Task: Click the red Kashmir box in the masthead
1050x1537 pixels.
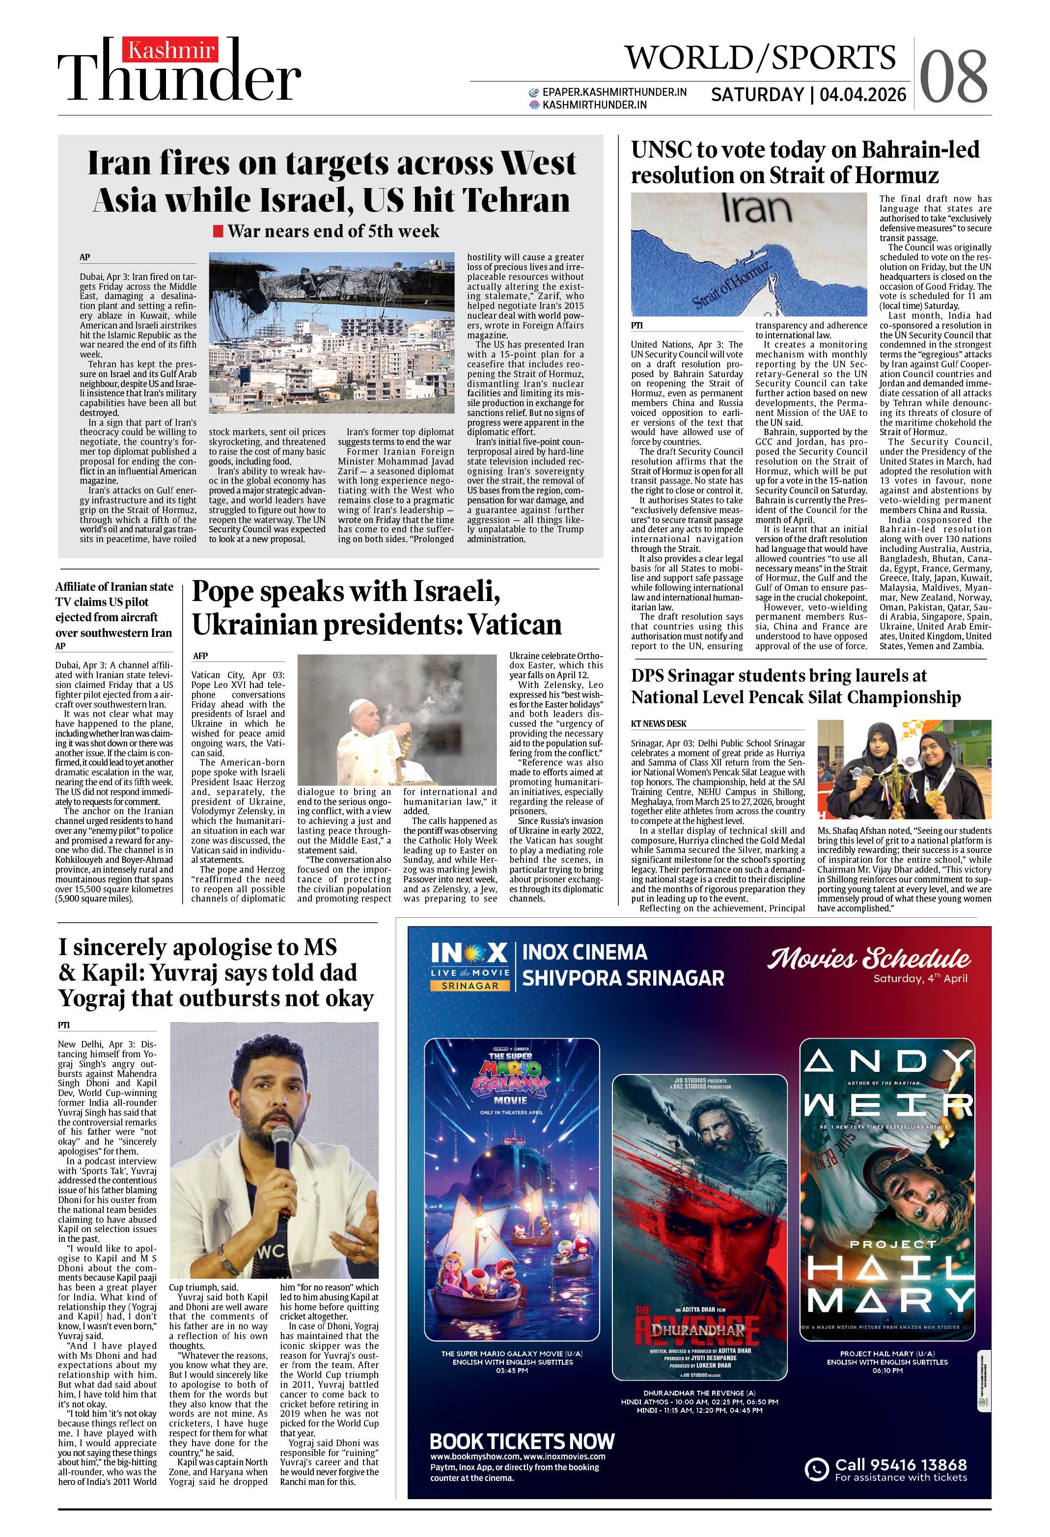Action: [x=171, y=50]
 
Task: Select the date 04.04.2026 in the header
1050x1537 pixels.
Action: [x=863, y=95]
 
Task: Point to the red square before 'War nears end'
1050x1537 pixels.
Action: [x=218, y=231]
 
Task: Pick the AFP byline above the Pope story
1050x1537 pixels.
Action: [x=200, y=656]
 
